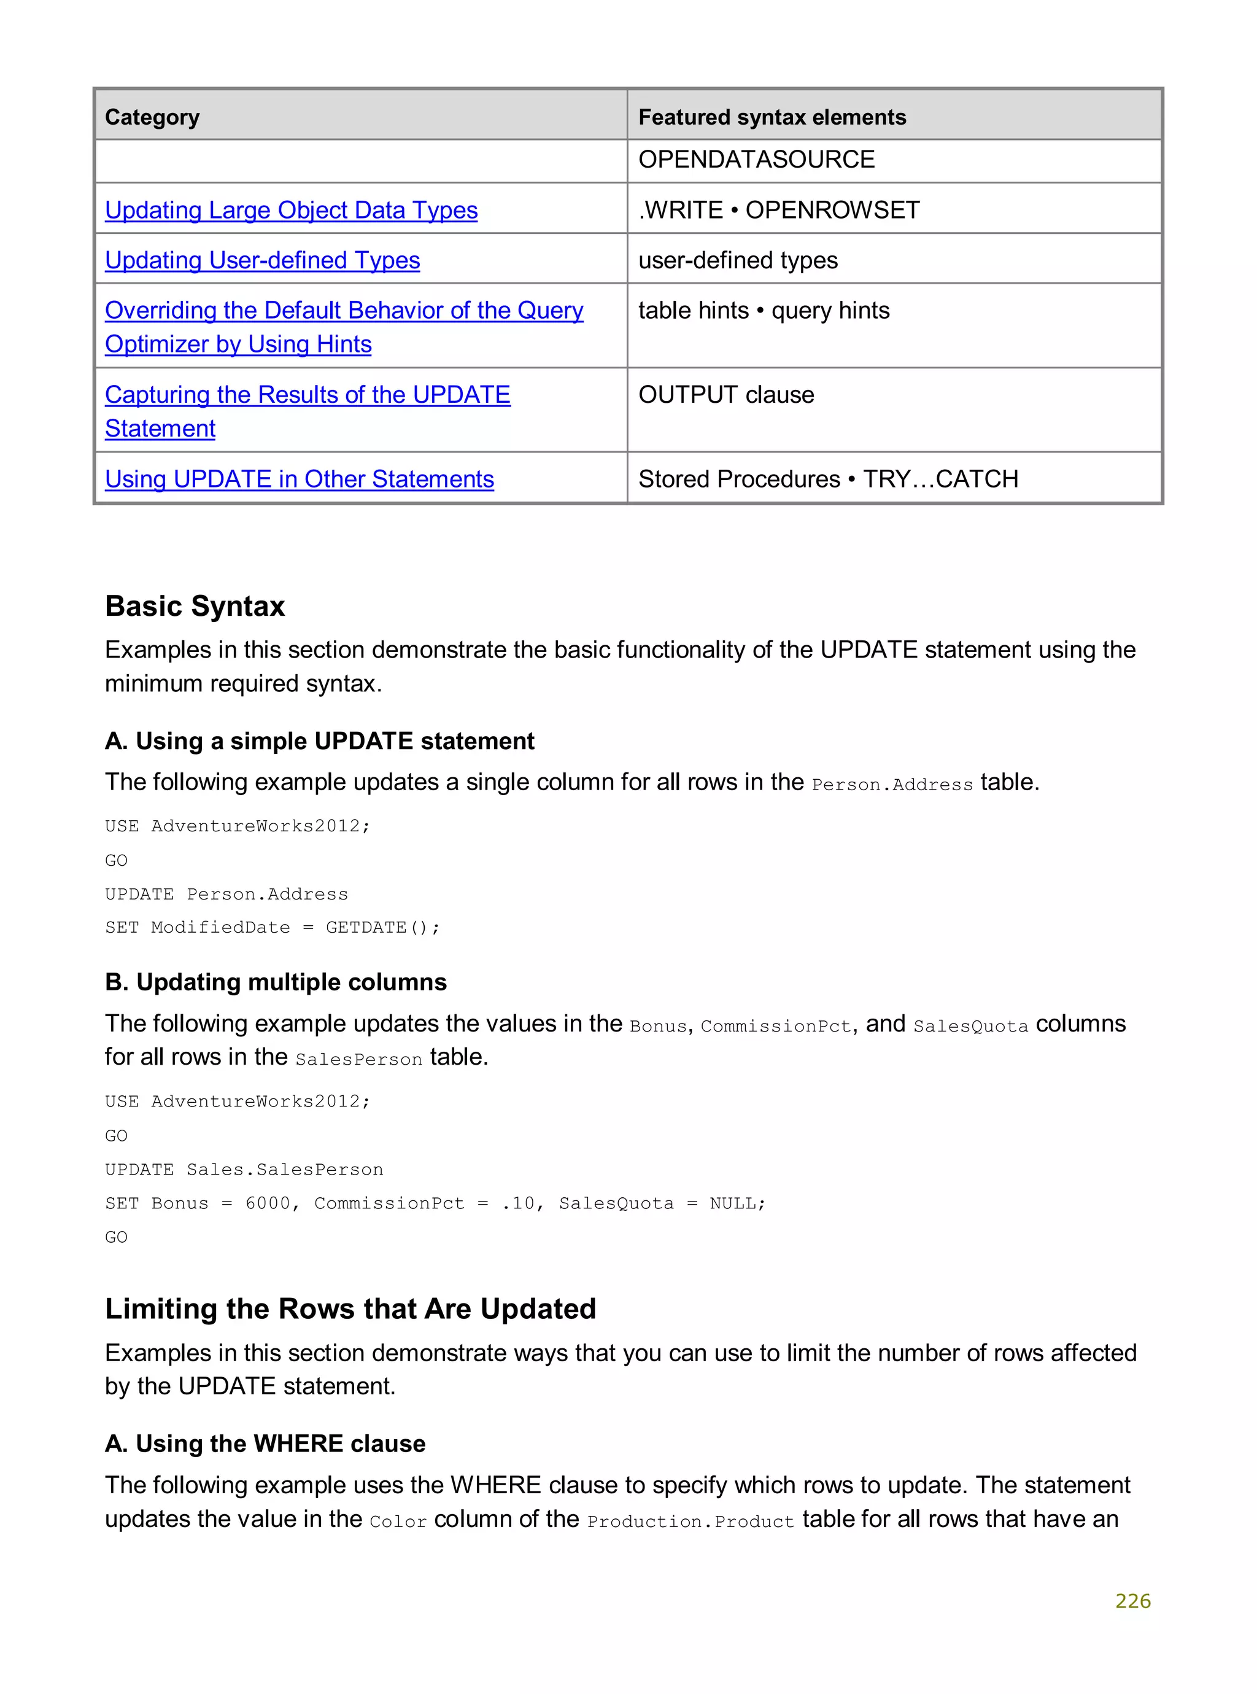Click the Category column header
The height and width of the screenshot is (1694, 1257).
pyautogui.click(x=152, y=117)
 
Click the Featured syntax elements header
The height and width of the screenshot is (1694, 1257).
pyautogui.click(x=772, y=117)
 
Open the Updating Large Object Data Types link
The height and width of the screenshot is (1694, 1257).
pyautogui.click(x=291, y=210)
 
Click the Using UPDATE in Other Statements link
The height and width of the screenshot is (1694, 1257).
pyautogui.click(x=299, y=480)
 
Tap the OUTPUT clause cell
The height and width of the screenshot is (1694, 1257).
pyautogui.click(x=726, y=395)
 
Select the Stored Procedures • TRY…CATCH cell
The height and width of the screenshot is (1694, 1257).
pyautogui.click(x=828, y=480)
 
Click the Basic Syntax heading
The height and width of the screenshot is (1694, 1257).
pyautogui.click(x=195, y=607)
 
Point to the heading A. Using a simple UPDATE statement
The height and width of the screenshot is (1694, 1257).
pyautogui.click(x=320, y=741)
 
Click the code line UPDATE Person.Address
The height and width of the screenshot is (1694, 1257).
pyautogui.click(x=226, y=894)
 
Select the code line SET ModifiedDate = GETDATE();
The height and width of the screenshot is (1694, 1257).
pyautogui.click(x=272, y=928)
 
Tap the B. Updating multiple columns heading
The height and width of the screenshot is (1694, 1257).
pyautogui.click(x=276, y=982)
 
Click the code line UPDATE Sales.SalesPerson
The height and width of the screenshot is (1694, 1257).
pyautogui.click(x=244, y=1170)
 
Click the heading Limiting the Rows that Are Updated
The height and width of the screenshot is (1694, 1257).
pyautogui.click(x=350, y=1309)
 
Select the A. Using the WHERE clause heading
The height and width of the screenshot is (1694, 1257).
pyautogui.click(x=265, y=1443)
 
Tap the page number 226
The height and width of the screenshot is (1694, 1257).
pyautogui.click(x=1132, y=1601)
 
